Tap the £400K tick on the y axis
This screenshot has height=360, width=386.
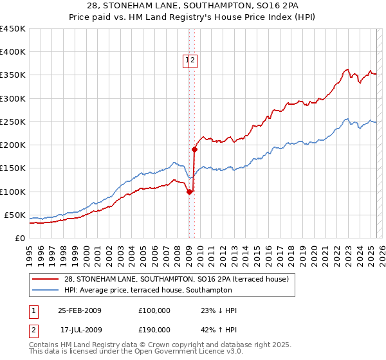click(x=14, y=52)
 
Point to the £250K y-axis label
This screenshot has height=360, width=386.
click(x=14, y=122)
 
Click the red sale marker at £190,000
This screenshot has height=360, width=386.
click(x=194, y=149)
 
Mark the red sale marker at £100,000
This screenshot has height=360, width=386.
click(x=189, y=191)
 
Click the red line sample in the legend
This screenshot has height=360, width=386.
click(x=46, y=279)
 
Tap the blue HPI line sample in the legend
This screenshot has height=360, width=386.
click(x=46, y=290)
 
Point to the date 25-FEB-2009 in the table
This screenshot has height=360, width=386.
click(x=80, y=310)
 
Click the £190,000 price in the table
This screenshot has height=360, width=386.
click(x=154, y=329)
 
